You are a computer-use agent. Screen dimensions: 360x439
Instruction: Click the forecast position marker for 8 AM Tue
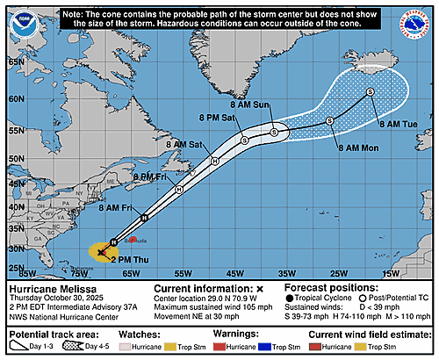pos(371,91)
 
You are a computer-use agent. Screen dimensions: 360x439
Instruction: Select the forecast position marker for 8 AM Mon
pos(329,120)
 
